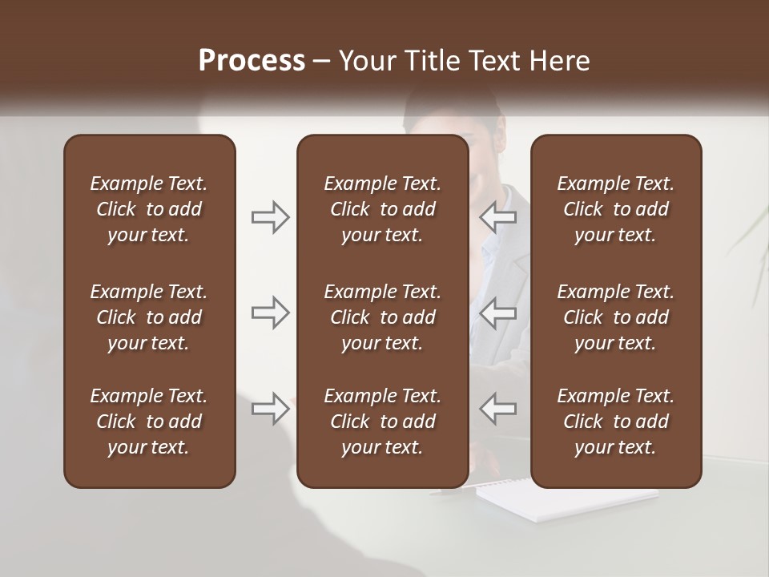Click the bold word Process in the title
(x=252, y=61)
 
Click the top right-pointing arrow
(x=271, y=217)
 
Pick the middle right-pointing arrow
(x=271, y=313)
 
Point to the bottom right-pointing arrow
(x=271, y=409)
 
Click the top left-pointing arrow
(x=497, y=217)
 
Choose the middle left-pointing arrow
(x=497, y=313)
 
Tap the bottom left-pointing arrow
(x=497, y=409)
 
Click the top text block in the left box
(x=149, y=209)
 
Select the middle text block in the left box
(x=149, y=317)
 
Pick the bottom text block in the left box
(x=149, y=422)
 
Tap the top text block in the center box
(x=382, y=209)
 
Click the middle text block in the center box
(x=382, y=317)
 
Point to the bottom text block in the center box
(x=382, y=422)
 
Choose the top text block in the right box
(x=615, y=209)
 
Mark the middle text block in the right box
(x=615, y=317)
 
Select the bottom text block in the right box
(x=615, y=422)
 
